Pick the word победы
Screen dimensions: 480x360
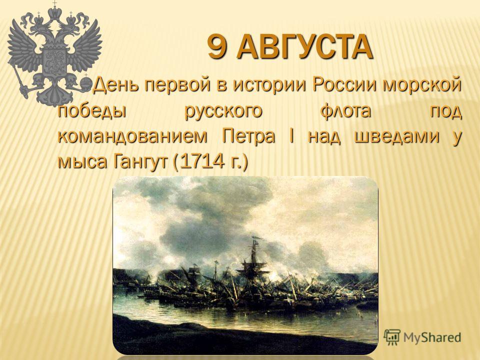click(92, 111)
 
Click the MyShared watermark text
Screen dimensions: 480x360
click(432, 337)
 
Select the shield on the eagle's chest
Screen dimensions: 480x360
click(55, 60)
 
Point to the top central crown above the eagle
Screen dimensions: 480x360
click(55, 12)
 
